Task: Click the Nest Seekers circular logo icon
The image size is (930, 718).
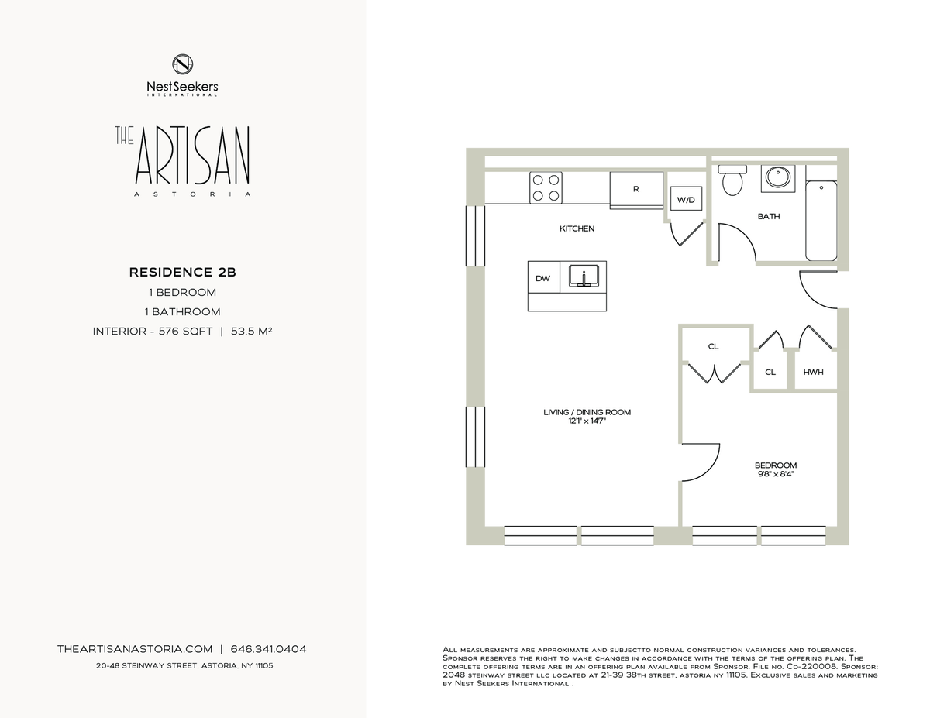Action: click(x=183, y=64)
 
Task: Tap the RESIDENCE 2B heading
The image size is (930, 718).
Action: click(x=183, y=273)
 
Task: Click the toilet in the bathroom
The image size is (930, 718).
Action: click(x=732, y=180)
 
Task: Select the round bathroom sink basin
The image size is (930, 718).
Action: click(x=778, y=178)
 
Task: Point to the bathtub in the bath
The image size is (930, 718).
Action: click(x=821, y=221)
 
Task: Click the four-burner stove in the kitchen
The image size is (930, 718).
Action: click(x=546, y=187)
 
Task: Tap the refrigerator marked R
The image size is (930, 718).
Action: click(x=636, y=191)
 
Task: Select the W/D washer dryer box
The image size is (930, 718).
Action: click(x=686, y=198)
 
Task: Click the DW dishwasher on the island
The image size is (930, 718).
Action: click(x=543, y=277)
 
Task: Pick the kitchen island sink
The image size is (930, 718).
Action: click(x=584, y=276)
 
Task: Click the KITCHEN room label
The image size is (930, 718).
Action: click(x=577, y=228)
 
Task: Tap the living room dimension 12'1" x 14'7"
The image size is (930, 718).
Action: click(x=587, y=421)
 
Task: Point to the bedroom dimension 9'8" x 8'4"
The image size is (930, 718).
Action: click(x=776, y=474)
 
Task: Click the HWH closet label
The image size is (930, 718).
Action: click(x=813, y=372)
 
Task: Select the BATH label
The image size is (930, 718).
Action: click(x=769, y=216)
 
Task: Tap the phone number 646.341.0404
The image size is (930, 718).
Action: click(x=268, y=649)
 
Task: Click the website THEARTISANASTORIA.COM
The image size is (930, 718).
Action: click(x=135, y=649)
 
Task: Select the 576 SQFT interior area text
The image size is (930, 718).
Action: click(x=186, y=331)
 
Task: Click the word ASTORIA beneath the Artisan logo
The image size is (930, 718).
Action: click(x=193, y=194)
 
